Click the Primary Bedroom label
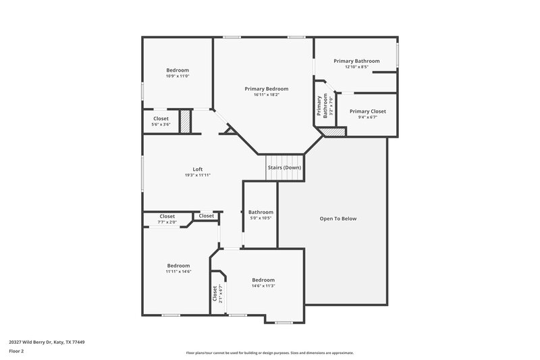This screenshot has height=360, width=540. [266, 88]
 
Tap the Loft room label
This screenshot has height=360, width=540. [198, 170]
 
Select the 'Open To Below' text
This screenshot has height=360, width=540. [337, 219]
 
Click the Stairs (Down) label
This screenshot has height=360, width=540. [284, 168]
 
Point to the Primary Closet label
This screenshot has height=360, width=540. [367, 111]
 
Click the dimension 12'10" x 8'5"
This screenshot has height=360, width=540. [356, 67]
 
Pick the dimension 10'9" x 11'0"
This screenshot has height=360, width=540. [178, 76]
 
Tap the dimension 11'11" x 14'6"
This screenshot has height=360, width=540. [178, 272]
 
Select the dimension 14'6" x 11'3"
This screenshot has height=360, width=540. [263, 286]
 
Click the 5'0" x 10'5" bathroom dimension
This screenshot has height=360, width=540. [260, 217]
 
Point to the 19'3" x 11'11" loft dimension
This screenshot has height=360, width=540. [198, 176]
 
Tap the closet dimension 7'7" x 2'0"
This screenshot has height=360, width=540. [167, 222]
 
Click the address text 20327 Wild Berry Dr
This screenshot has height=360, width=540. [47, 342]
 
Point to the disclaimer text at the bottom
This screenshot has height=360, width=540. [269, 353]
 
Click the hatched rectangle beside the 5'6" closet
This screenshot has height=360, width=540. [186, 122]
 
